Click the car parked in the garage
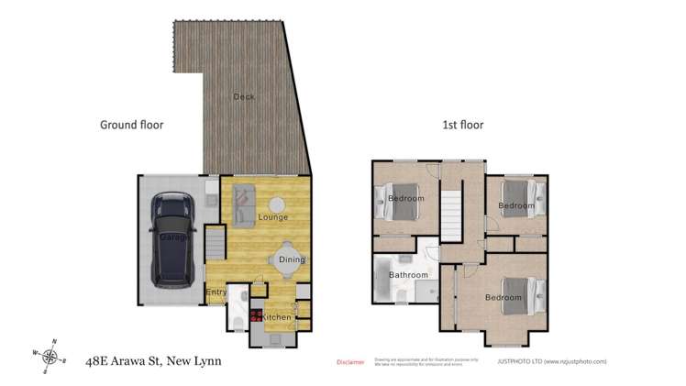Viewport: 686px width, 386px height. (x=172, y=238)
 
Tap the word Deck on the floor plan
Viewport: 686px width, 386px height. (x=243, y=96)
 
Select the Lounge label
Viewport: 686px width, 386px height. (x=272, y=217)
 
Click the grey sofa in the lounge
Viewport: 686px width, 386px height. (x=243, y=204)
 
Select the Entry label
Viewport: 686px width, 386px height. (x=216, y=292)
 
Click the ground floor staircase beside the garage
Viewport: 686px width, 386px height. (x=214, y=245)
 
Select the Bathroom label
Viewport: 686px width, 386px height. (x=408, y=275)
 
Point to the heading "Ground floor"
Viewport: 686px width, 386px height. (x=131, y=125)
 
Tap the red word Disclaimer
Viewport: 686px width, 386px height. (x=350, y=362)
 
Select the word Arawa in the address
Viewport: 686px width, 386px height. (x=138, y=360)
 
